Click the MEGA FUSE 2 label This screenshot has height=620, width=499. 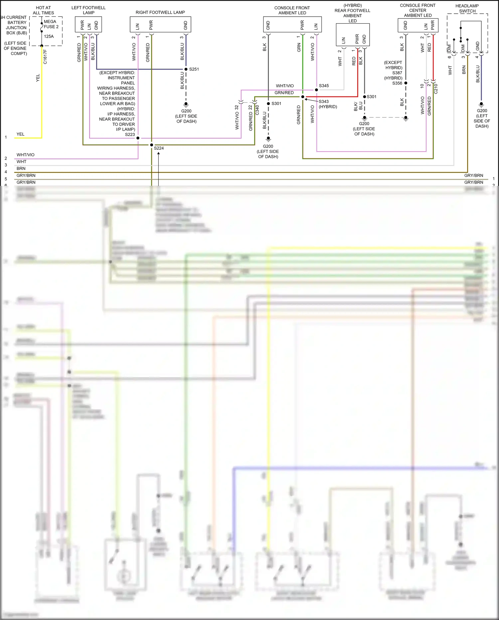point(51,24)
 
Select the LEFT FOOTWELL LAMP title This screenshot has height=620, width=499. point(88,10)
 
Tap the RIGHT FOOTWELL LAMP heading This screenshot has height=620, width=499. point(160,12)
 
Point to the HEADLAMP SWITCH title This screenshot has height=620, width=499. point(467,8)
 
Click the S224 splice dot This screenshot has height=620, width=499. point(152,145)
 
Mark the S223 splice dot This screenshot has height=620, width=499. point(138,138)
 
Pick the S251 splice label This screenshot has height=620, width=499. point(194,69)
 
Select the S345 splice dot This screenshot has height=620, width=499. point(316,90)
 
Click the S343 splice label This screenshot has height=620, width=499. point(323,102)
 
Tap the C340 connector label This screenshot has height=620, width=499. point(257,110)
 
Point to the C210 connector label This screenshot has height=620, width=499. point(436,89)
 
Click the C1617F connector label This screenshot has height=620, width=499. point(45,57)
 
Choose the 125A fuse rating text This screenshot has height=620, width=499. point(49,36)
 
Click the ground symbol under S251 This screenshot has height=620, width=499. point(186,104)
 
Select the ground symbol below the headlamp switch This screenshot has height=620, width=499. point(481,104)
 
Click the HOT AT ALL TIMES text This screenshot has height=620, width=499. point(43,10)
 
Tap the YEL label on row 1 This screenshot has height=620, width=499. point(21,134)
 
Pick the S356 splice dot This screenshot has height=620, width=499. point(406,83)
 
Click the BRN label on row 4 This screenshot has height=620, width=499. point(21,169)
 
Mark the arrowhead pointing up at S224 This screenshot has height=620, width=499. point(159,154)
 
